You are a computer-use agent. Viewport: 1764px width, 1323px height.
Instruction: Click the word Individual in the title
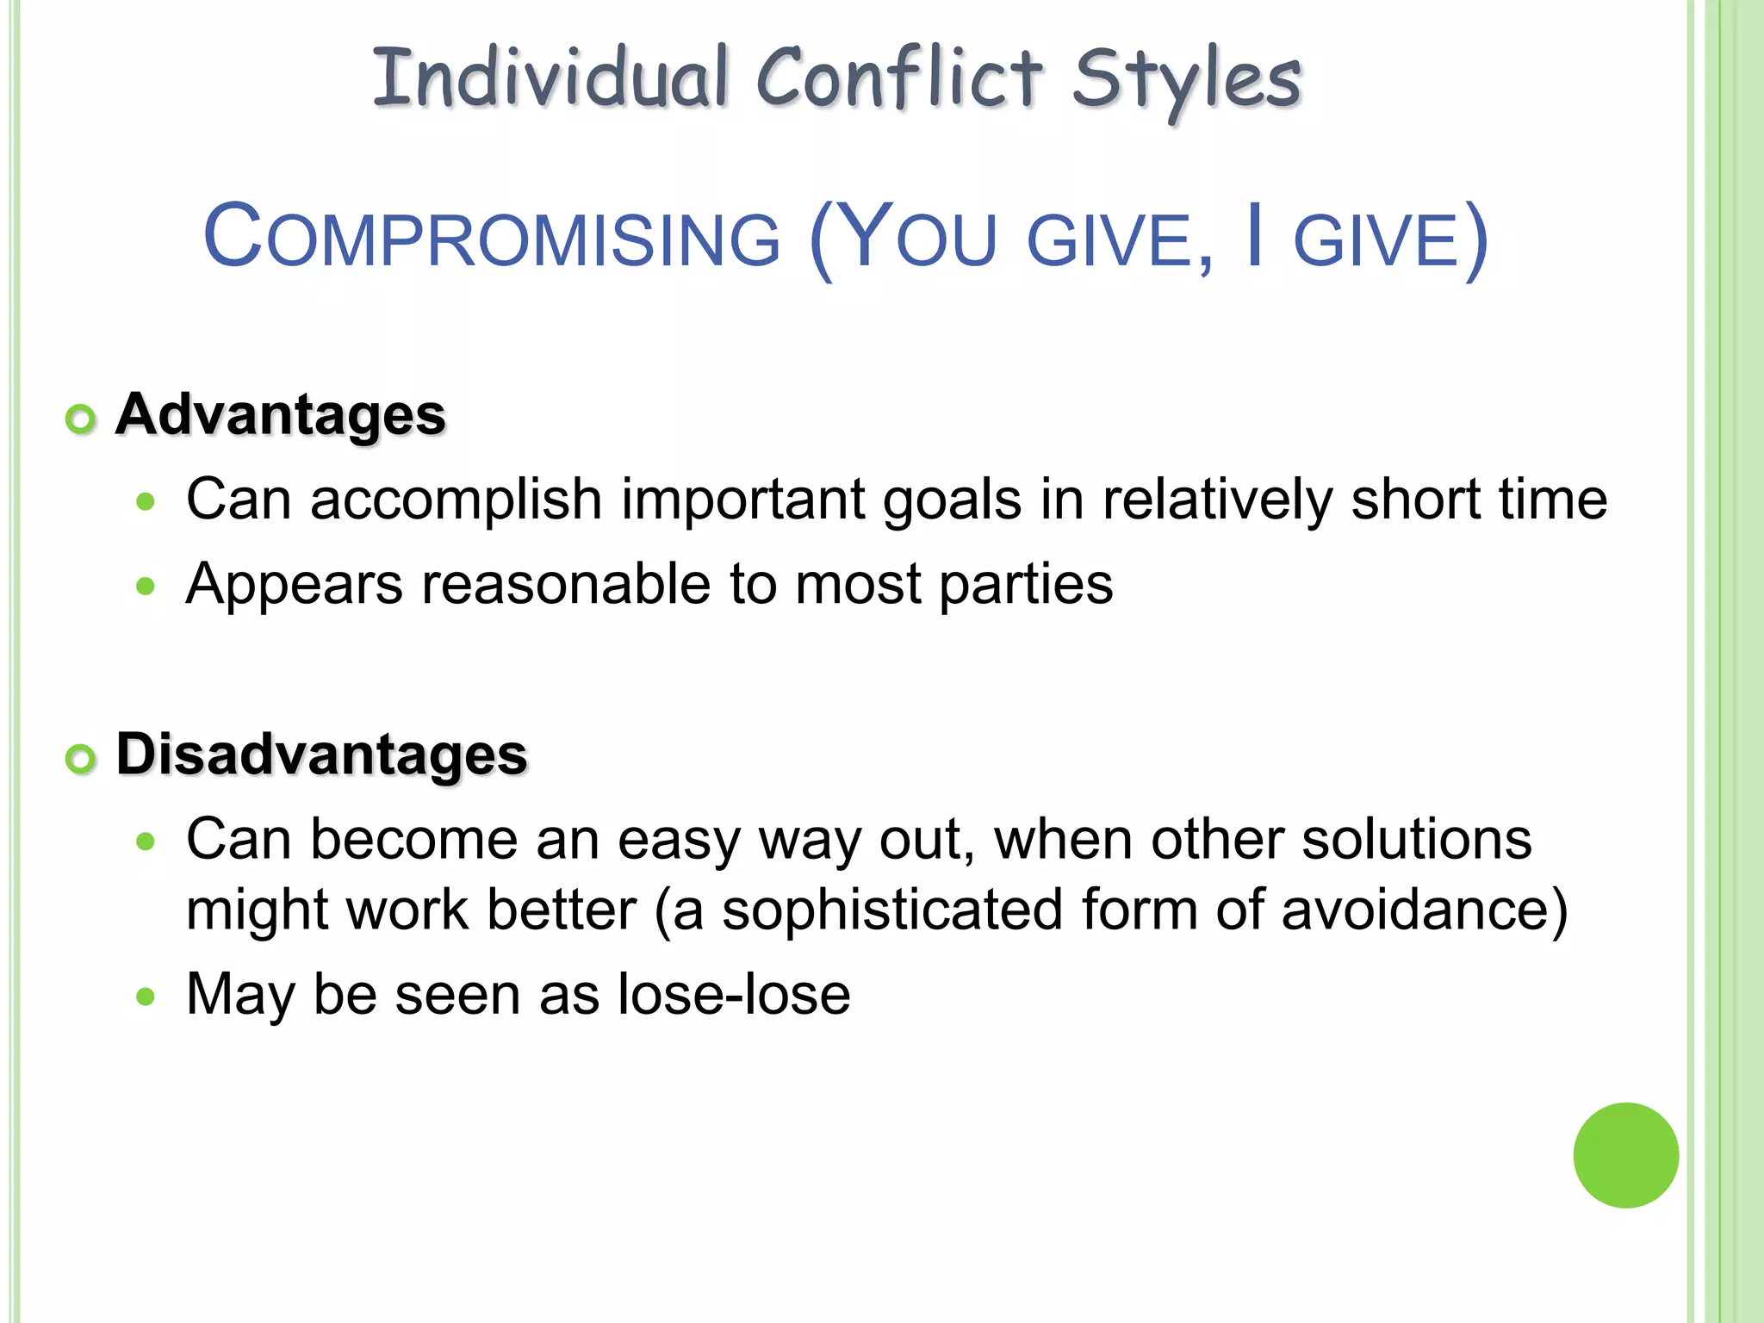551,79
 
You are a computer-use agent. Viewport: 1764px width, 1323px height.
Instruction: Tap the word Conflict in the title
899,79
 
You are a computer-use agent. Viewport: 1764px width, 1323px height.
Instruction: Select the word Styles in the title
1186,82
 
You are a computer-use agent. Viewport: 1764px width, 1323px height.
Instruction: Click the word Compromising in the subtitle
492,238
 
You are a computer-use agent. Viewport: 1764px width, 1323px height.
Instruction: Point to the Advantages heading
281,415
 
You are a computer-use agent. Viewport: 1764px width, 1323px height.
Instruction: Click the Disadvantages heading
321,755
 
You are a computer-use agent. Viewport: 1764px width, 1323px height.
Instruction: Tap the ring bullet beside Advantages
81,419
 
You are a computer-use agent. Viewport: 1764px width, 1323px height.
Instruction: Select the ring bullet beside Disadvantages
81,759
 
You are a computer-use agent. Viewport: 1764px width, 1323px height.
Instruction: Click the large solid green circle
1625,1155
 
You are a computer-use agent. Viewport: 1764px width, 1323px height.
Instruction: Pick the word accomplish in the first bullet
456,500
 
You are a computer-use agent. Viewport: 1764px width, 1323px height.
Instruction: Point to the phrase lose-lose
734,995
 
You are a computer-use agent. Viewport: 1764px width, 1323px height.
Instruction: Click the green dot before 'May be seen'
146,997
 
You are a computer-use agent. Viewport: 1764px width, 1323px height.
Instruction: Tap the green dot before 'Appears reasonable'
146,587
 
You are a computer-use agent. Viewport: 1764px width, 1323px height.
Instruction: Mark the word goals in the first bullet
952,501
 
